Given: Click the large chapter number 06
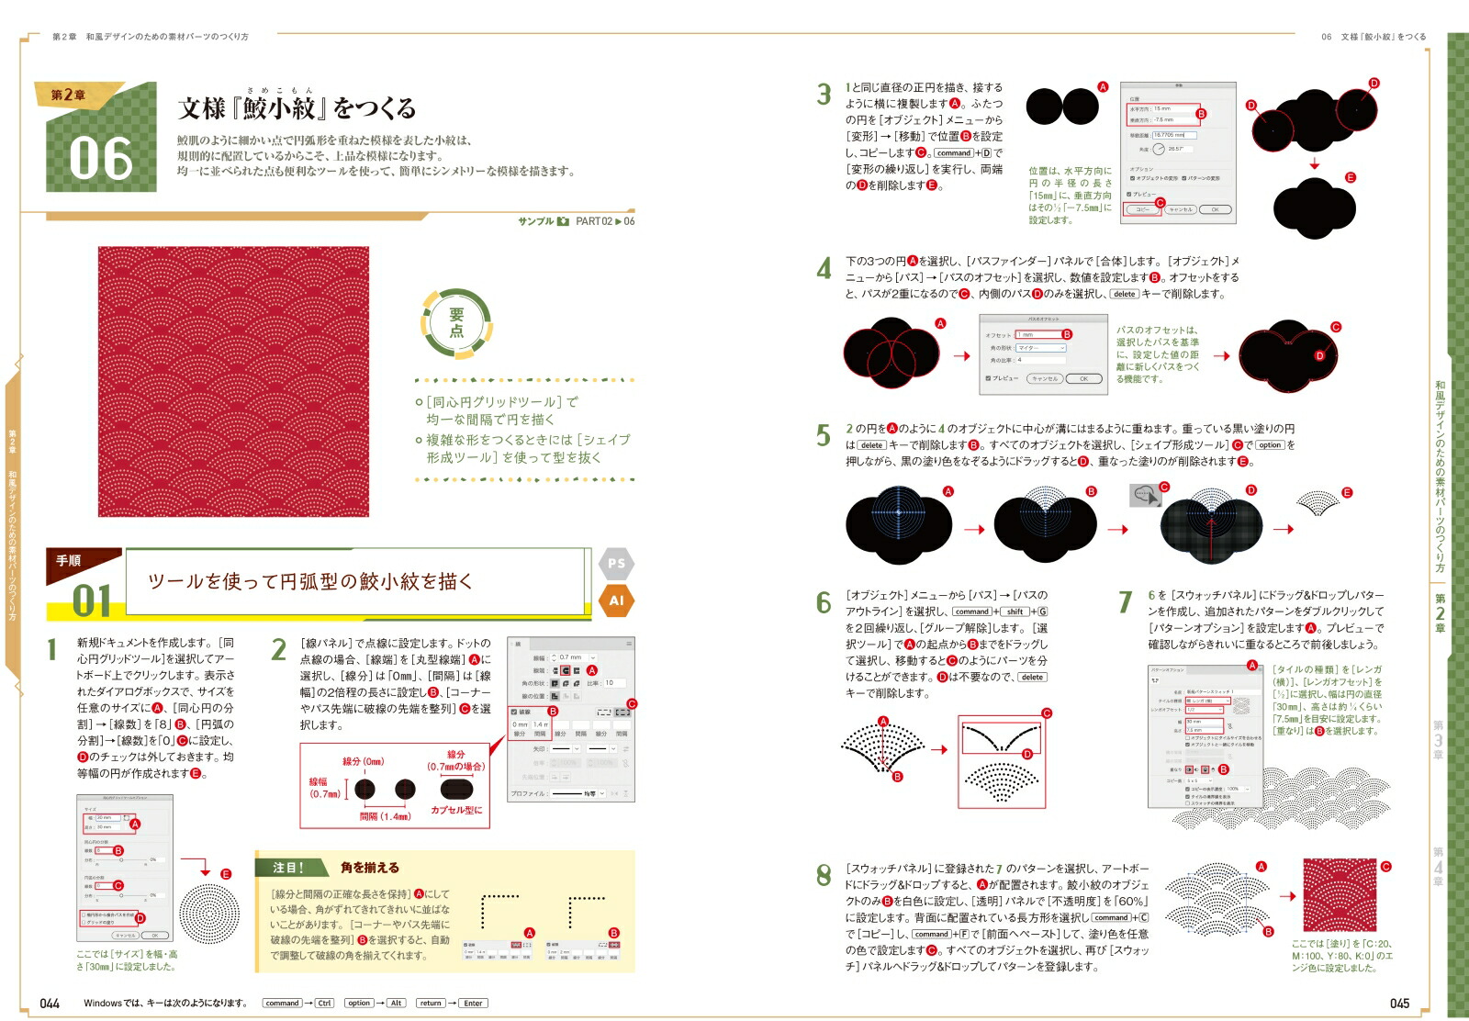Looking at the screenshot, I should (x=101, y=158).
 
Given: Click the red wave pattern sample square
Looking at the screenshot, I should (x=233, y=381).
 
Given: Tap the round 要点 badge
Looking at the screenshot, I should (x=456, y=322).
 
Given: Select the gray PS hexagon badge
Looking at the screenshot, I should (x=616, y=564).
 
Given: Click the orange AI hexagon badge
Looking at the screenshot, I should (x=616, y=600).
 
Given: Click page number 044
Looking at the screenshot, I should (x=50, y=1004).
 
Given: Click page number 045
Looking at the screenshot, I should (x=1399, y=1004).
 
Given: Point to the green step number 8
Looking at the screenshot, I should (x=824, y=876).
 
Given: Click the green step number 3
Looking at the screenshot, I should (x=824, y=94).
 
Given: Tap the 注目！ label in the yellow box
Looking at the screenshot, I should (x=288, y=868).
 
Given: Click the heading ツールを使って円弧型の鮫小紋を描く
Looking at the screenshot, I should (x=310, y=581).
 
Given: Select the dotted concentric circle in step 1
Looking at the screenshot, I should (x=209, y=914).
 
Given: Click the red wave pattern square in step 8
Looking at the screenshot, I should (x=1340, y=895).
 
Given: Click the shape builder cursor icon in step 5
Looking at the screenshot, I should (x=1145, y=496).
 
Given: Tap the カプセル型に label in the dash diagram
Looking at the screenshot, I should (x=456, y=810).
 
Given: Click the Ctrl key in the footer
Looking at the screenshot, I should (x=325, y=1004).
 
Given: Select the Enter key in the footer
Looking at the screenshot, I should (x=473, y=1004).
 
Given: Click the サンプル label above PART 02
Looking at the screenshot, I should (x=536, y=221).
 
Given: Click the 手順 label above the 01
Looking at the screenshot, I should (x=69, y=560).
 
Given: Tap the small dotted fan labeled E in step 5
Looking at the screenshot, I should (x=1318, y=502).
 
